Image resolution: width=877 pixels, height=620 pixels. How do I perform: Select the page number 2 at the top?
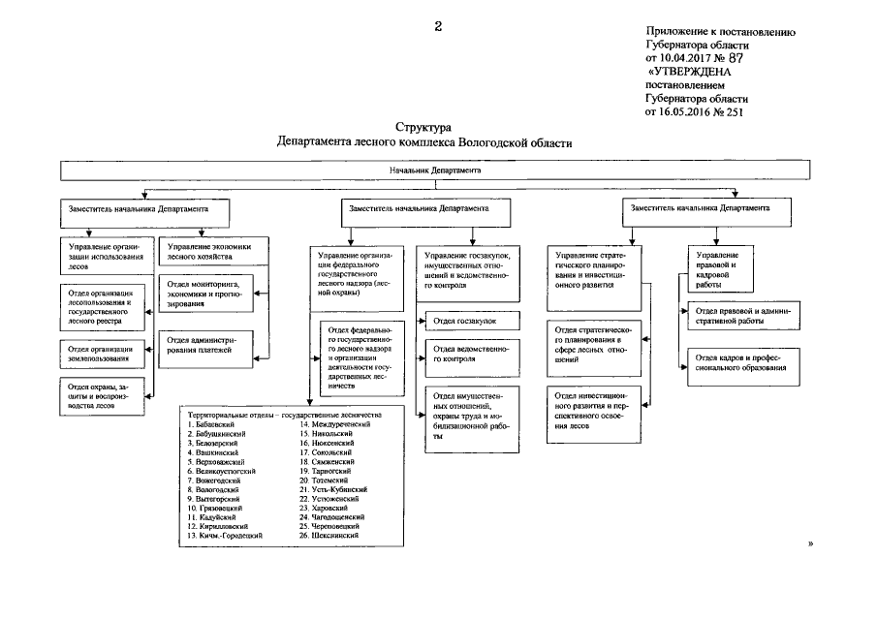(438, 26)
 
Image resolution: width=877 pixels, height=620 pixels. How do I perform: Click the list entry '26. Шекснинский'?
(332, 536)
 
